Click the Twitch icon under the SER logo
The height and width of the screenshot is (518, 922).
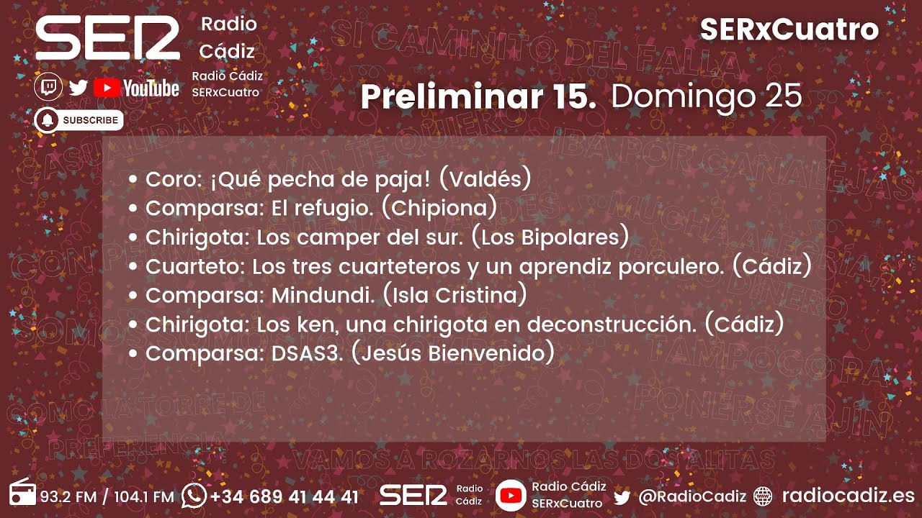(x=48, y=88)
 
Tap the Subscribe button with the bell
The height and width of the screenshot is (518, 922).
(x=79, y=120)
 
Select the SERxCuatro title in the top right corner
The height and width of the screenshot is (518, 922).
(x=789, y=29)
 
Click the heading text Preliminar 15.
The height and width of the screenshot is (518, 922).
(x=478, y=97)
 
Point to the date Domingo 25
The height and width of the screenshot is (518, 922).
(x=706, y=97)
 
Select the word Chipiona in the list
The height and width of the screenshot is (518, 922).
(x=439, y=208)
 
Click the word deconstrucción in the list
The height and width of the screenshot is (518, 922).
(x=612, y=324)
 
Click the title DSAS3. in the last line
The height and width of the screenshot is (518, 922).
(x=306, y=353)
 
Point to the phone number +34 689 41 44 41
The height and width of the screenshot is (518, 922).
(x=285, y=496)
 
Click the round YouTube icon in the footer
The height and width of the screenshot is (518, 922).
(x=511, y=495)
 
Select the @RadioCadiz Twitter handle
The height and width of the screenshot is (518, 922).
(x=691, y=496)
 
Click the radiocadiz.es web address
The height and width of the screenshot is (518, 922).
(x=848, y=496)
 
